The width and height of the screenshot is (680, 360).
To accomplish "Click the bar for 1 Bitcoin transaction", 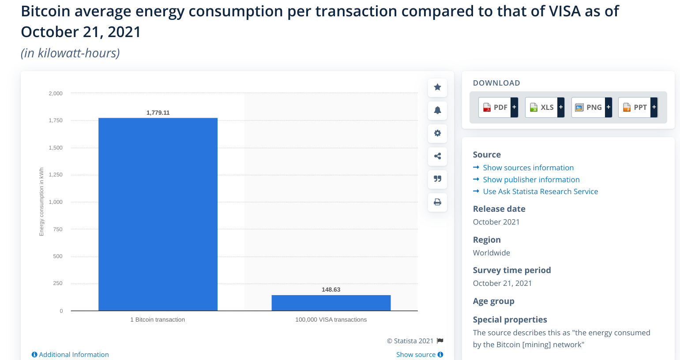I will tap(158, 214).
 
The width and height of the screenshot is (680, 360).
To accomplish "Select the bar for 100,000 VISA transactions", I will tap(331, 303).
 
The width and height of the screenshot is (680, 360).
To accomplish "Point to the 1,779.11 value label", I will tap(158, 112).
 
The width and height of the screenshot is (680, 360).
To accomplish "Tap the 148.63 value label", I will tap(331, 289).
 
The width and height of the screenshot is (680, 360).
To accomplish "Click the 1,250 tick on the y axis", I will tap(56, 175).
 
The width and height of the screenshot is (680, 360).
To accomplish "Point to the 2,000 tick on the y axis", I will tap(56, 94).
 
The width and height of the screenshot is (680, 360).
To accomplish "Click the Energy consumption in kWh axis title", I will tap(41, 202).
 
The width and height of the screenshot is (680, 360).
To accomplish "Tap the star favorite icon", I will tap(437, 87).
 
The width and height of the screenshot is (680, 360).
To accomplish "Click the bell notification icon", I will tap(437, 110).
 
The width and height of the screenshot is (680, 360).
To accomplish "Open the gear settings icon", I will tap(437, 133).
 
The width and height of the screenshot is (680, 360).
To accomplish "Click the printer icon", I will tap(437, 202).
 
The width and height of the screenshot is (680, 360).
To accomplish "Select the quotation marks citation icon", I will tap(437, 179).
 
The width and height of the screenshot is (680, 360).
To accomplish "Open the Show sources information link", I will tap(528, 168).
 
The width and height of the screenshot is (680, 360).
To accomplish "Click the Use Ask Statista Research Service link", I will tap(540, 191).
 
